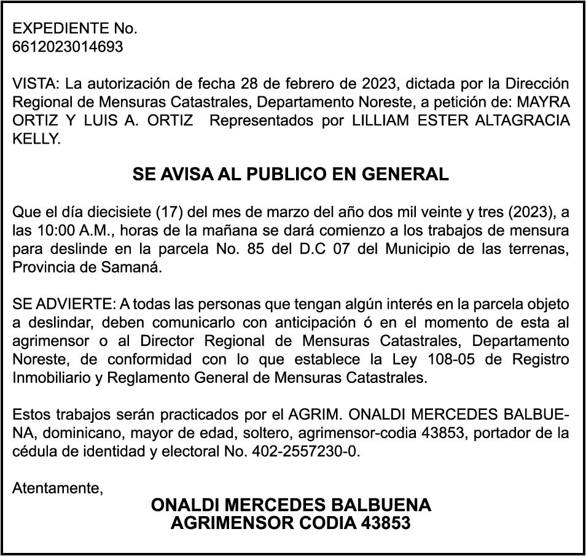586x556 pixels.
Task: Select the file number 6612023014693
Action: pos(68,47)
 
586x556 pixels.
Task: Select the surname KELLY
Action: pos(36,139)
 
